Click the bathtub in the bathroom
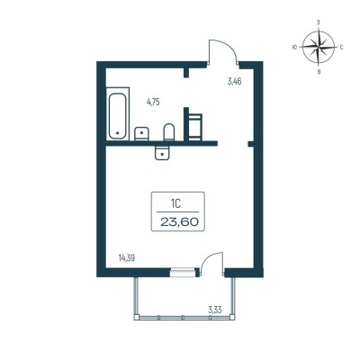pyautogui.click(x=117, y=114)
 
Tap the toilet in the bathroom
pyautogui.click(x=169, y=132)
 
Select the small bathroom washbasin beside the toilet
pyautogui.click(x=141, y=134)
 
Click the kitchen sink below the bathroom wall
pyautogui.click(x=162, y=153)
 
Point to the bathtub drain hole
pyautogui.click(x=117, y=132)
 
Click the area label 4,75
pyautogui.click(x=153, y=103)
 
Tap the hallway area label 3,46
pyautogui.click(x=234, y=81)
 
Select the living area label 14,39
pyautogui.click(x=127, y=257)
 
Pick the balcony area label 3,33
pyautogui.click(x=215, y=310)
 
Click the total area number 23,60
pyautogui.click(x=179, y=222)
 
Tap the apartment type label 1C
pyautogui.click(x=175, y=204)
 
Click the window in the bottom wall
pyautogui.click(x=183, y=273)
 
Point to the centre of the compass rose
pyautogui.click(x=319, y=47)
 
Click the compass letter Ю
pyautogui.click(x=294, y=47)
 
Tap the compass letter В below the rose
pyautogui.click(x=319, y=72)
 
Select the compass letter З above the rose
pyautogui.click(x=319, y=22)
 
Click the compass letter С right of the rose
pyautogui.click(x=341, y=48)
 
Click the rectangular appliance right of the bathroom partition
pyautogui.click(x=195, y=127)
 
